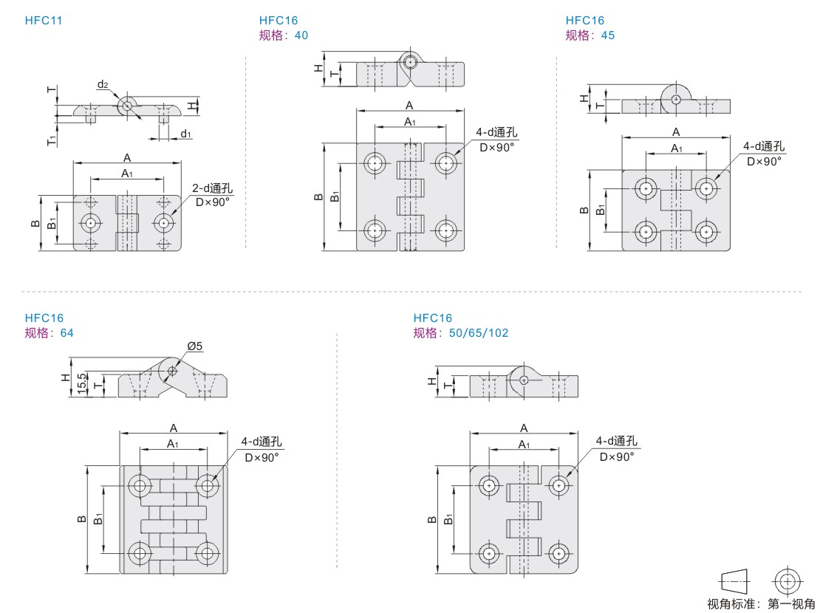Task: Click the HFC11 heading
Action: tap(44, 21)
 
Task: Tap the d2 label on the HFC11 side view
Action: tap(103, 85)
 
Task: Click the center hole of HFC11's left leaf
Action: tap(90, 222)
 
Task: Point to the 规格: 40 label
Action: tap(284, 35)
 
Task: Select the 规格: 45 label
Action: tap(590, 35)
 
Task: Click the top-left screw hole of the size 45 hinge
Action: tap(647, 188)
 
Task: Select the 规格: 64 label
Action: tap(49, 332)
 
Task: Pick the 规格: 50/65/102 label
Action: tap(461, 332)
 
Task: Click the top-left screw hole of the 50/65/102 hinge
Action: tap(488, 485)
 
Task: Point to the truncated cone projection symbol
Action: tap(734, 581)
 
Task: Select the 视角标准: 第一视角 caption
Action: tap(760, 604)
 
